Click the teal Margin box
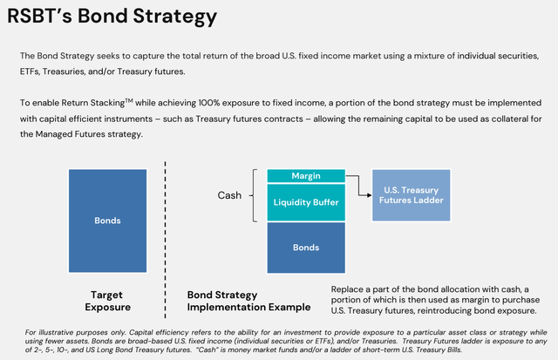(x=306, y=176)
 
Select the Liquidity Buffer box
(x=306, y=202)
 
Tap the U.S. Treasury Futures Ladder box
(x=411, y=195)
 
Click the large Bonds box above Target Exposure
(x=107, y=221)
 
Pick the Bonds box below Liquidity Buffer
(x=306, y=248)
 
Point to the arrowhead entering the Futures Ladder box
(x=370, y=195)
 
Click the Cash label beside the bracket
(x=229, y=195)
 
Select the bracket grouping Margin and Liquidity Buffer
(x=254, y=195)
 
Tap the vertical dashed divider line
(x=165, y=240)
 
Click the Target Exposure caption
(x=107, y=301)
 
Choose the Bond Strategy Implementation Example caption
(x=248, y=301)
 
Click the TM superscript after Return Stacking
(x=129, y=100)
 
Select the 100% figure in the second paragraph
(x=209, y=103)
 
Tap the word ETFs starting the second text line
(x=30, y=71)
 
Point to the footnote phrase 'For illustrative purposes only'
(x=76, y=333)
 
